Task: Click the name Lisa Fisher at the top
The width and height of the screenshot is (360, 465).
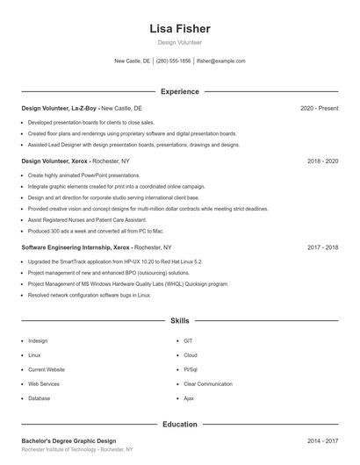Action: point(180,28)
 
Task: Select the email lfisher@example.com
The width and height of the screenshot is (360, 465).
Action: point(221,61)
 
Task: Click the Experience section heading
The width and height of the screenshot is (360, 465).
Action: point(180,91)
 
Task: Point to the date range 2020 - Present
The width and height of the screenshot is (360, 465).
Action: point(319,108)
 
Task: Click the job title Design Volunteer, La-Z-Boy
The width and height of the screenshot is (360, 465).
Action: point(59,108)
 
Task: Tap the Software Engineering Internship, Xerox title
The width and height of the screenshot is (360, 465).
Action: point(69,248)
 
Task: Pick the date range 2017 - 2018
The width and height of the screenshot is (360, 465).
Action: point(322,248)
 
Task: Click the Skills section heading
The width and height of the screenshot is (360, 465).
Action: point(180,322)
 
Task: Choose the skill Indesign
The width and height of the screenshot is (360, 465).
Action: point(38,340)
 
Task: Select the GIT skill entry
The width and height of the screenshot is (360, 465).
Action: point(188,340)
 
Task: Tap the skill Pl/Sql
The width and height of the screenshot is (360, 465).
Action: point(191,369)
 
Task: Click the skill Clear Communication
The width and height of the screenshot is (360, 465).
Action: point(208,383)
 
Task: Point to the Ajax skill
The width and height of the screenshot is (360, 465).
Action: point(189,398)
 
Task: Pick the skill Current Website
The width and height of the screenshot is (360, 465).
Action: point(47,369)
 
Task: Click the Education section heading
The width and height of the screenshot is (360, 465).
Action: point(180,425)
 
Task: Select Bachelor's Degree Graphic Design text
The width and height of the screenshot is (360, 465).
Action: point(68,440)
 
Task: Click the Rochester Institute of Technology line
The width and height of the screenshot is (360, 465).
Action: point(77,449)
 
